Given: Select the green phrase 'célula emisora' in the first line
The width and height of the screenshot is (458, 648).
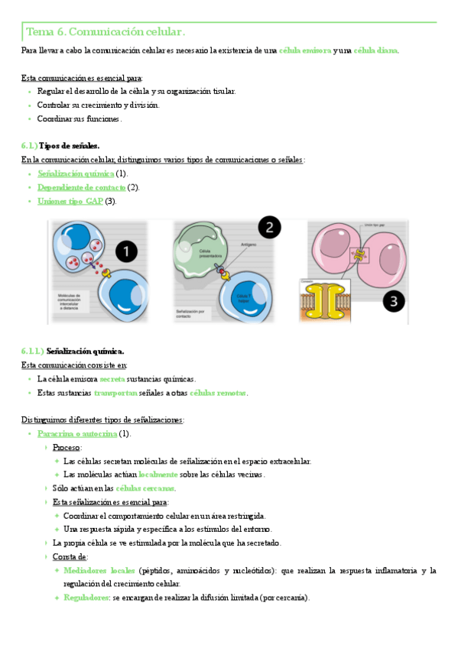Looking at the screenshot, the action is [x=305, y=50].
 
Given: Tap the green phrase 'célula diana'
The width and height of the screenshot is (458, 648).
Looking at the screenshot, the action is [x=375, y=50].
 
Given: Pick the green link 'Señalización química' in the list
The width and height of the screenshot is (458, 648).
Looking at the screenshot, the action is [x=75, y=173].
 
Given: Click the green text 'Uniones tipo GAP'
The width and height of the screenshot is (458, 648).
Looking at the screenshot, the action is [x=70, y=201].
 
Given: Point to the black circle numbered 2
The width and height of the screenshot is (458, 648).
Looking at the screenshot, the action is [x=268, y=226].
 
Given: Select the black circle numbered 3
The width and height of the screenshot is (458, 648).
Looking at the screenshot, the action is [x=392, y=302].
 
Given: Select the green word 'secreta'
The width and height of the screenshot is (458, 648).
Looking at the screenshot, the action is [x=112, y=379].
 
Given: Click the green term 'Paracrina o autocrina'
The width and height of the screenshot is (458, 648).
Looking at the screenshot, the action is [x=76, y=434].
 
